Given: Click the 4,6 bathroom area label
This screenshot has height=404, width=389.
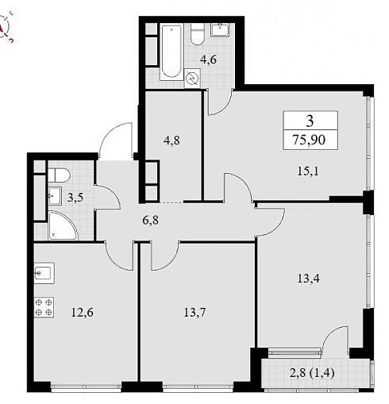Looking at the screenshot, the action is click(x=208, y=60).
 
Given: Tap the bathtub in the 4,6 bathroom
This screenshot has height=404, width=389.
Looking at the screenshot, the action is click(x=171, y=52).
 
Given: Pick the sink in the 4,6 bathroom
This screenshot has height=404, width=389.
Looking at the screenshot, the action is click(x=220, y=30).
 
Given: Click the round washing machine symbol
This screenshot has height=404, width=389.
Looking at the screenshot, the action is click(x=192, y=78).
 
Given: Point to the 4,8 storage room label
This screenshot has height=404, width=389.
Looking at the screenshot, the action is click(x=171, y=140).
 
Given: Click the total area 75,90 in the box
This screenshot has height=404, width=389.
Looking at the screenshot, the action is click(x=309, y=140).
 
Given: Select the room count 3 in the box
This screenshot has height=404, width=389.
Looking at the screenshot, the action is click(x=310, y=121).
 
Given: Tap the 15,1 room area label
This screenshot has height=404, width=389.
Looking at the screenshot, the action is click(x=308, y=171).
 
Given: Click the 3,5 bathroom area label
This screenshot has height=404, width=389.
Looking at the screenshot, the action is click(x=75, y=198).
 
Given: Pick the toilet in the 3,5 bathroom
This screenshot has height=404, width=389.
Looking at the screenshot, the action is click(x=60, y=175).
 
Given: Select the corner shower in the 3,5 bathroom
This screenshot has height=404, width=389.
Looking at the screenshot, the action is click(x=63, y=225).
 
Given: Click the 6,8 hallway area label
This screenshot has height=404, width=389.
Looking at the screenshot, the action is click(x=151, y=220).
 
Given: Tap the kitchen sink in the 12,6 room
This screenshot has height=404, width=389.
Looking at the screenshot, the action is click(x=44, y=273).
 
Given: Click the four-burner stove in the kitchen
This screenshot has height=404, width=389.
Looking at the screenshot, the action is click(x=44, y=307).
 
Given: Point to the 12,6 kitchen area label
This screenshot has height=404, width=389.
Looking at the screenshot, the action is click(x=83, y=313).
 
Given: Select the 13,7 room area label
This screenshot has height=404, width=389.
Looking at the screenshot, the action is click(x=194, y=313).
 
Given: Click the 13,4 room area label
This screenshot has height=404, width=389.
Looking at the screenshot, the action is click(x=309, y=279).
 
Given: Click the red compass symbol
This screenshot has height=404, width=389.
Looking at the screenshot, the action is click(x=6, y=28).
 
